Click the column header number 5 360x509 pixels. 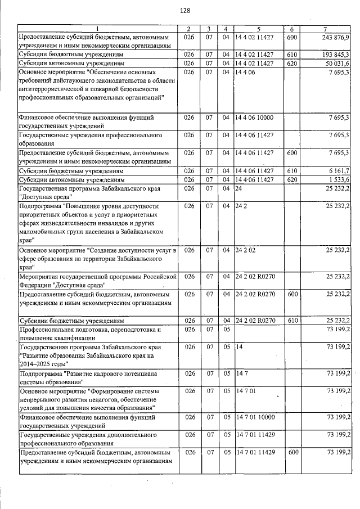[258, 29]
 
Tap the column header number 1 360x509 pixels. [97, 29]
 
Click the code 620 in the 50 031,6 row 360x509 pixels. [291, 64]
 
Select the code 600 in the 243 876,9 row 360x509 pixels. [291, 37]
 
